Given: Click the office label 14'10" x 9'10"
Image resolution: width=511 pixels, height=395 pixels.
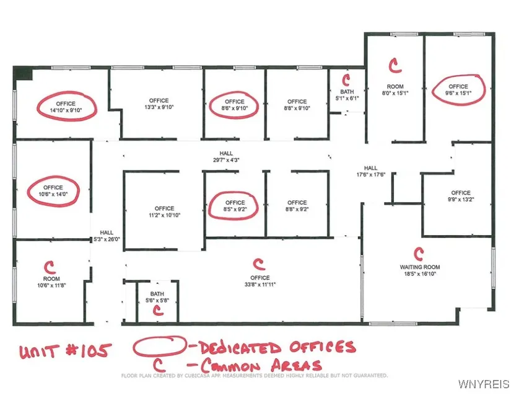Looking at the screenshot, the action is coord(66,107).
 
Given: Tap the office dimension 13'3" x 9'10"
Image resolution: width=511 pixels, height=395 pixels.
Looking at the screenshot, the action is coord(159,104).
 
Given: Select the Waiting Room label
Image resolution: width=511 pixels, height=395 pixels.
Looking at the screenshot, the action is coord(420,270).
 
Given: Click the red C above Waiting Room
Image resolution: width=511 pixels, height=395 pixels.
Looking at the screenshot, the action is coord(419,254).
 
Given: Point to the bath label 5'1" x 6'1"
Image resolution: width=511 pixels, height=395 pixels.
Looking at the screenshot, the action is coord(347,95).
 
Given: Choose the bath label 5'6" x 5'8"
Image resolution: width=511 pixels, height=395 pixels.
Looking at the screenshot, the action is coord(157,297).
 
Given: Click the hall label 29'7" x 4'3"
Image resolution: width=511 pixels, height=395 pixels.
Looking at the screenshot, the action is coord(226,156).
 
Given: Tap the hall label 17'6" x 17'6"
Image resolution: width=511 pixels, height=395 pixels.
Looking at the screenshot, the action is coord(371,171).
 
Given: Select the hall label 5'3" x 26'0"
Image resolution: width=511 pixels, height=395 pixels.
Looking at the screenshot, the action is coord(107,236).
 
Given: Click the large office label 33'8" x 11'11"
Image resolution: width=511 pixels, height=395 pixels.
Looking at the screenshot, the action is coord(260,281).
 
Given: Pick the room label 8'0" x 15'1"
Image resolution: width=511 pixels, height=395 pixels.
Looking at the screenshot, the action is coord(395,90).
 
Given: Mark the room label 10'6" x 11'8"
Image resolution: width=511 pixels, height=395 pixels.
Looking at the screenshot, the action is coord(51,282).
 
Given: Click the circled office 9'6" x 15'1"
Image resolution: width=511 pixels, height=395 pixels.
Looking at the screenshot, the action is coord(458,90).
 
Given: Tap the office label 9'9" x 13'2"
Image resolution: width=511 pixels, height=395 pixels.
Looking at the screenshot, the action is coord(461,196).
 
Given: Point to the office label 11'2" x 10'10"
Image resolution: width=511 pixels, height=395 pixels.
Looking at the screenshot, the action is coord(164,211).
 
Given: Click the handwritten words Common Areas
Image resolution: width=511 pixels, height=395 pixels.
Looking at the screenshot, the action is coord(261,365).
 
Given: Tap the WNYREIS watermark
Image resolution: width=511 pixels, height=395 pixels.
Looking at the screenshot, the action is coord(484,384).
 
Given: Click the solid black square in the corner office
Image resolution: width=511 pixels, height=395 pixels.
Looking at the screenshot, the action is coord(23,73).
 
